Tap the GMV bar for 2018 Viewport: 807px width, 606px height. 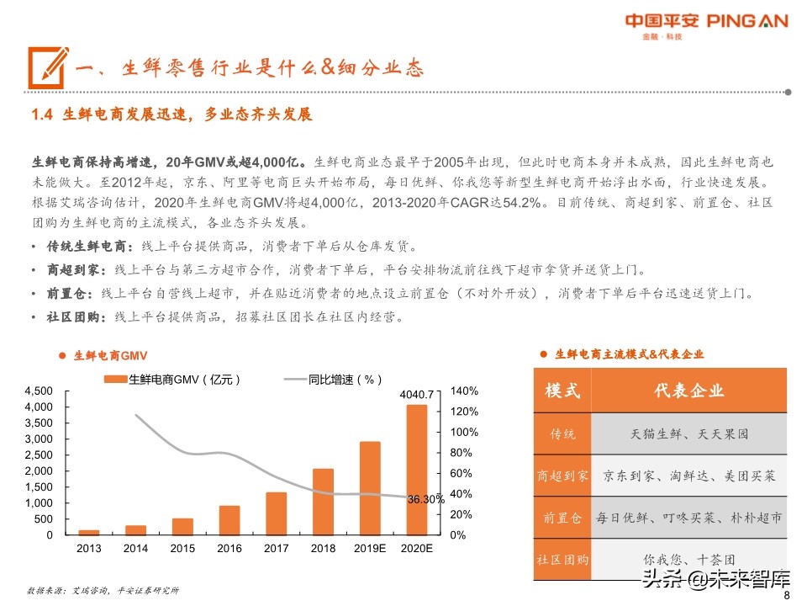[x=324, y=502]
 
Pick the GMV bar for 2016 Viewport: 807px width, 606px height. [x=229, y=520]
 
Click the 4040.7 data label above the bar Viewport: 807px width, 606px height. [x=417, y=394]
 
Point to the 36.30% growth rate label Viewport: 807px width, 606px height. [x=425, y=499]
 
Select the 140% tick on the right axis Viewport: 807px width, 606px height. [x=465, y=391]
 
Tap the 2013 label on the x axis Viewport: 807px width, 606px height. [x=88, y=549]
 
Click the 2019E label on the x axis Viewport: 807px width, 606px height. [x=371, y=549]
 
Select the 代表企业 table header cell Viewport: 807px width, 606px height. [x=688, y=391]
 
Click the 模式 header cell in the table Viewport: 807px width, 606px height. [x=562, y=391]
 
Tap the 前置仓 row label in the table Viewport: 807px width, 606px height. [x=562, y=518]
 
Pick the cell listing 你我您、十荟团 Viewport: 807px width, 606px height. [x=688, y=559]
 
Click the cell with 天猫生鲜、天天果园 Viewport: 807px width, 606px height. [x=688, y=434]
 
